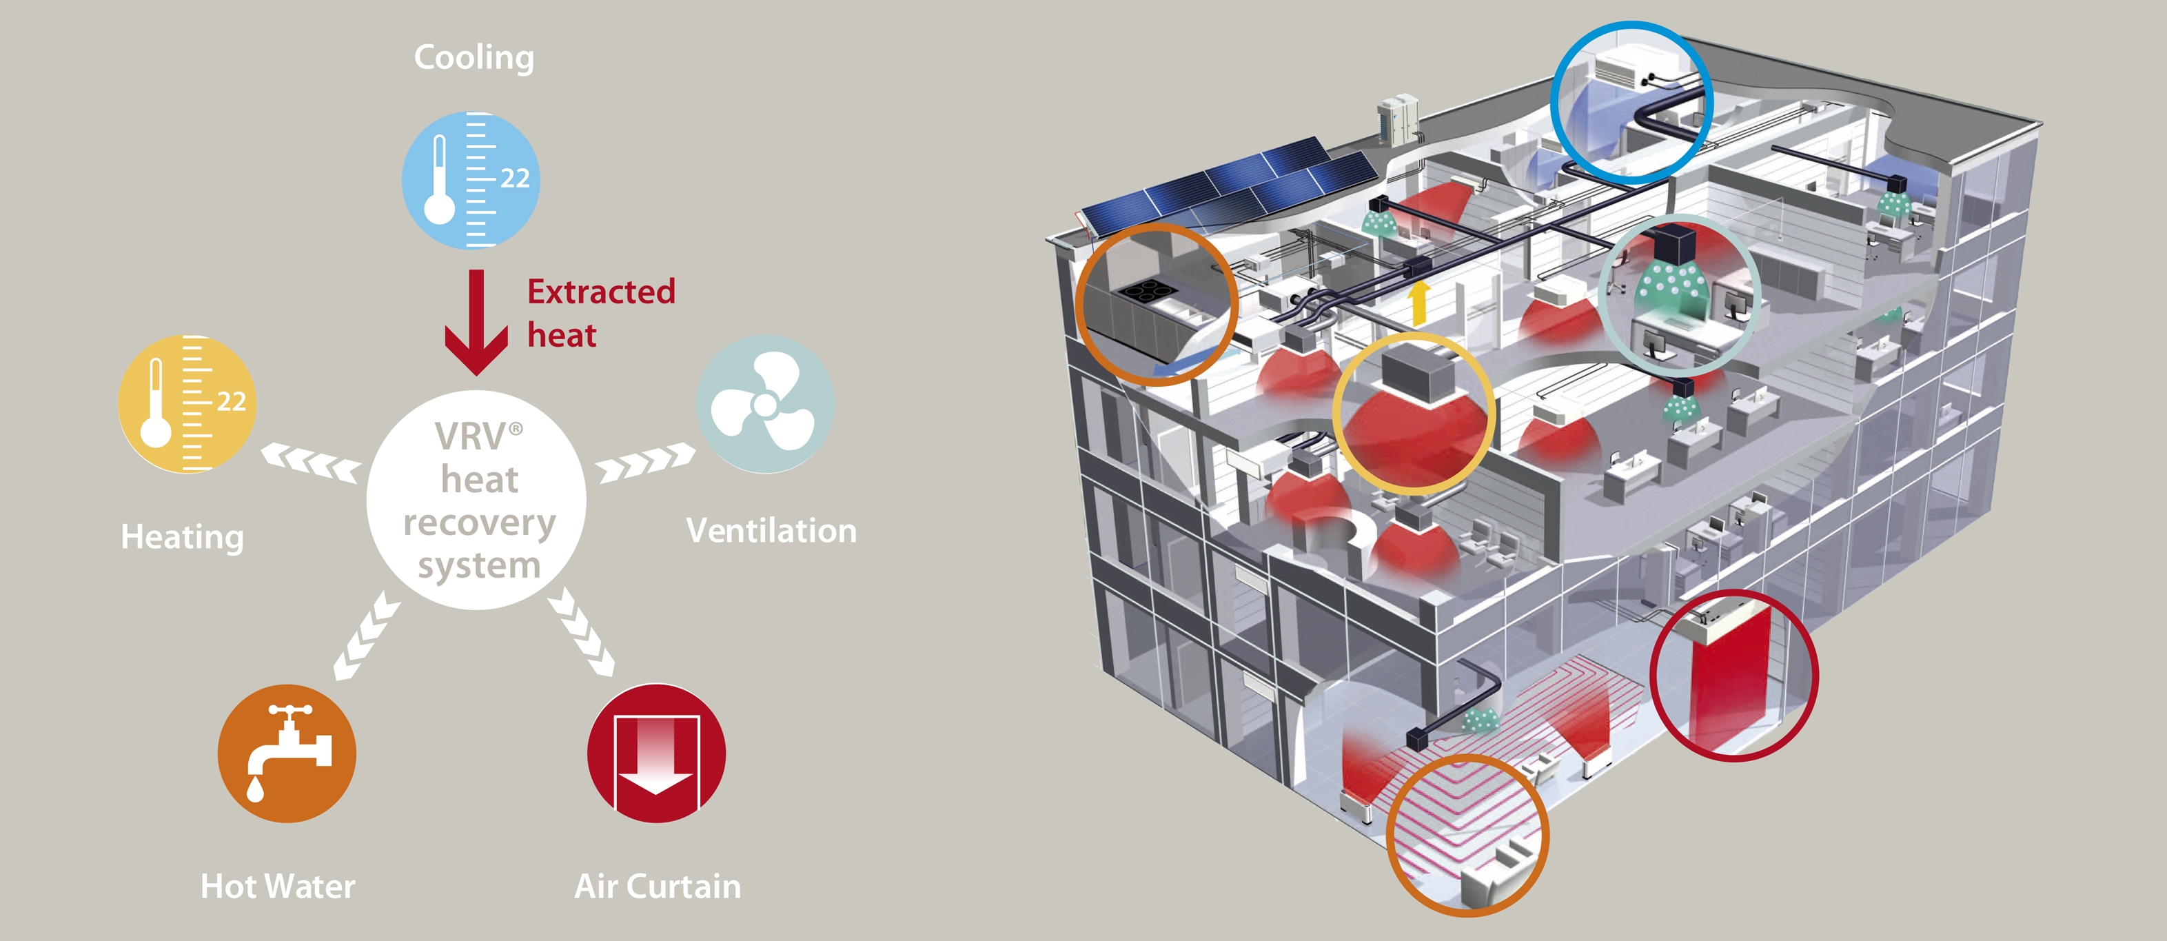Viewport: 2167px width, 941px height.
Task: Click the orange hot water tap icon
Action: (286, 753)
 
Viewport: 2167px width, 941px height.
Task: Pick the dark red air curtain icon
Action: (656, 753)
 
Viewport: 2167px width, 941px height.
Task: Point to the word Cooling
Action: (474, 58)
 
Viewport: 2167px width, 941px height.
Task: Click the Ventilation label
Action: (771, 531)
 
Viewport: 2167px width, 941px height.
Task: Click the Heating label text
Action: (183, 537)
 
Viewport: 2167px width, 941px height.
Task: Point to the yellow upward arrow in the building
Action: (1420, 303)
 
